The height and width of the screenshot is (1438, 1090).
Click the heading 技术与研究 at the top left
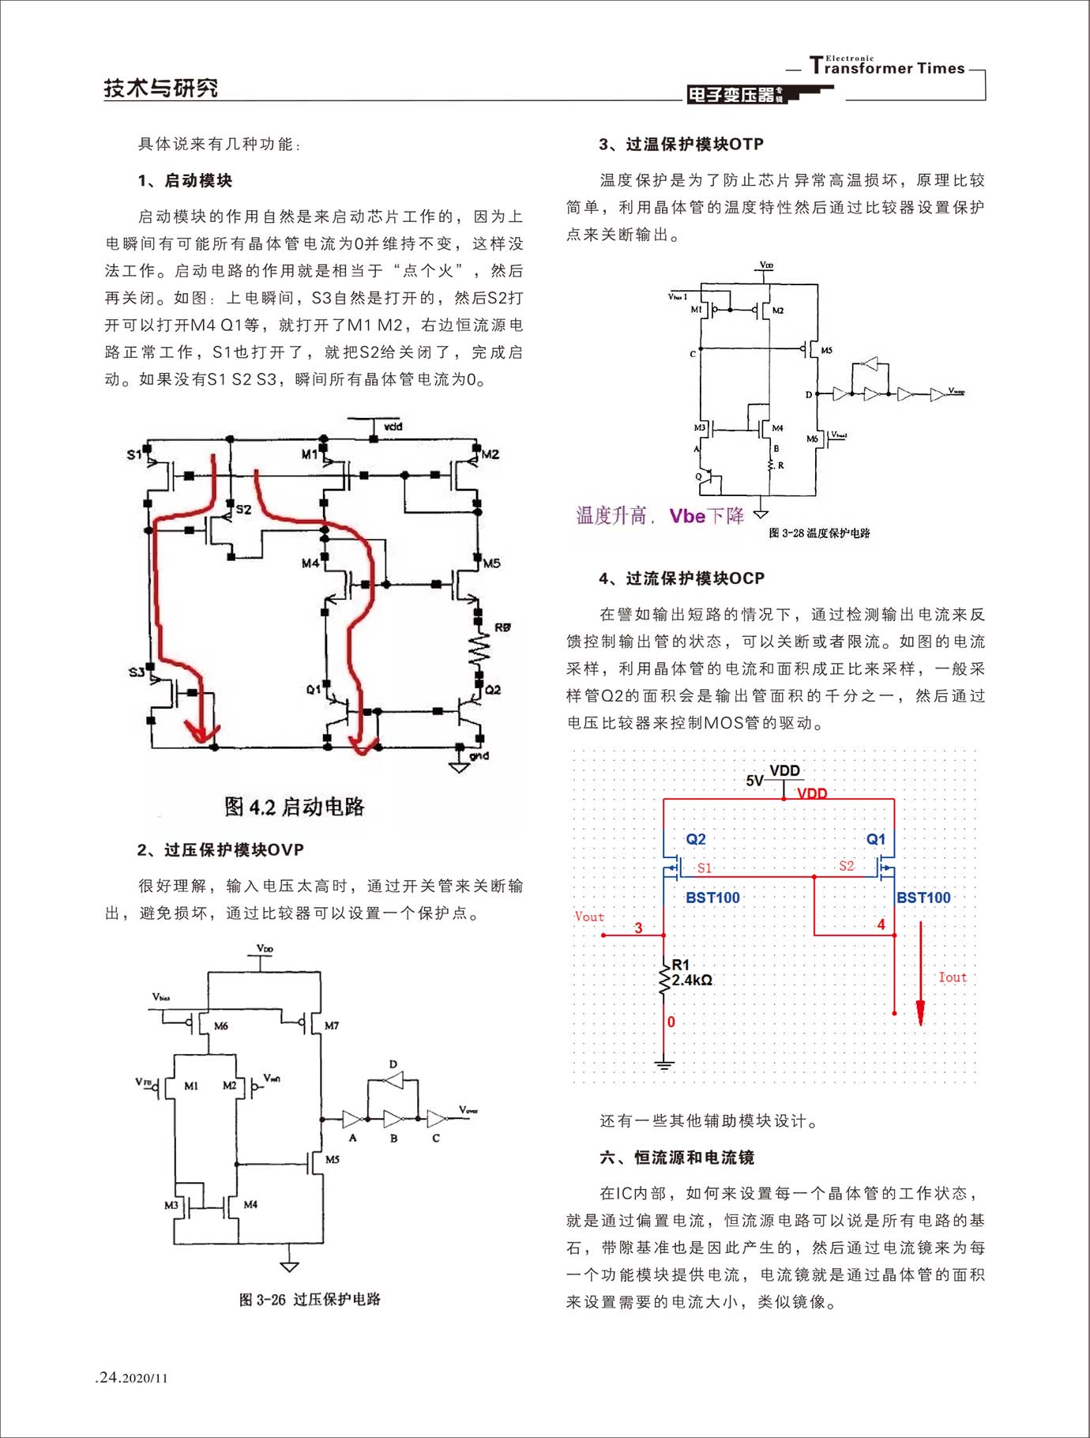160,88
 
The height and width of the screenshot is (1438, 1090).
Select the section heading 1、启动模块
185,181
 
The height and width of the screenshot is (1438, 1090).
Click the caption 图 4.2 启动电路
294,807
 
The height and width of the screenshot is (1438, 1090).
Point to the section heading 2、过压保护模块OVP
220,850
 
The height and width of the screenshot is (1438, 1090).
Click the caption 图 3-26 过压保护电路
310,1300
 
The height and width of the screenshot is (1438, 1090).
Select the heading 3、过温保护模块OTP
681,145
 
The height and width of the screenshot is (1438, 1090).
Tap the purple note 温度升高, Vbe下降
660,516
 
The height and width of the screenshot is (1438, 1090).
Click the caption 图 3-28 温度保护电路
819,533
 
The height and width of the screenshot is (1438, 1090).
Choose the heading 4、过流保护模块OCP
682,579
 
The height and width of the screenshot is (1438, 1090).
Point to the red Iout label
952,977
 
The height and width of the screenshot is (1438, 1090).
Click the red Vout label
589,917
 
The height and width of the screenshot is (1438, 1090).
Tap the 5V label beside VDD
754,781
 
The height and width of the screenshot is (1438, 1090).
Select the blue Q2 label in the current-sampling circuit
696,839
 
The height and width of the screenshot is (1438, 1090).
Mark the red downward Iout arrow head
920,1014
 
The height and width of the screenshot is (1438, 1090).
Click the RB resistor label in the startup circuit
502,627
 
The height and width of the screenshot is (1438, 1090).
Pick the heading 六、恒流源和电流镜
677,1158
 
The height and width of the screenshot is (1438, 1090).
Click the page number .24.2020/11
131,1378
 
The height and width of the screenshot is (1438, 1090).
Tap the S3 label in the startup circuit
137,672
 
